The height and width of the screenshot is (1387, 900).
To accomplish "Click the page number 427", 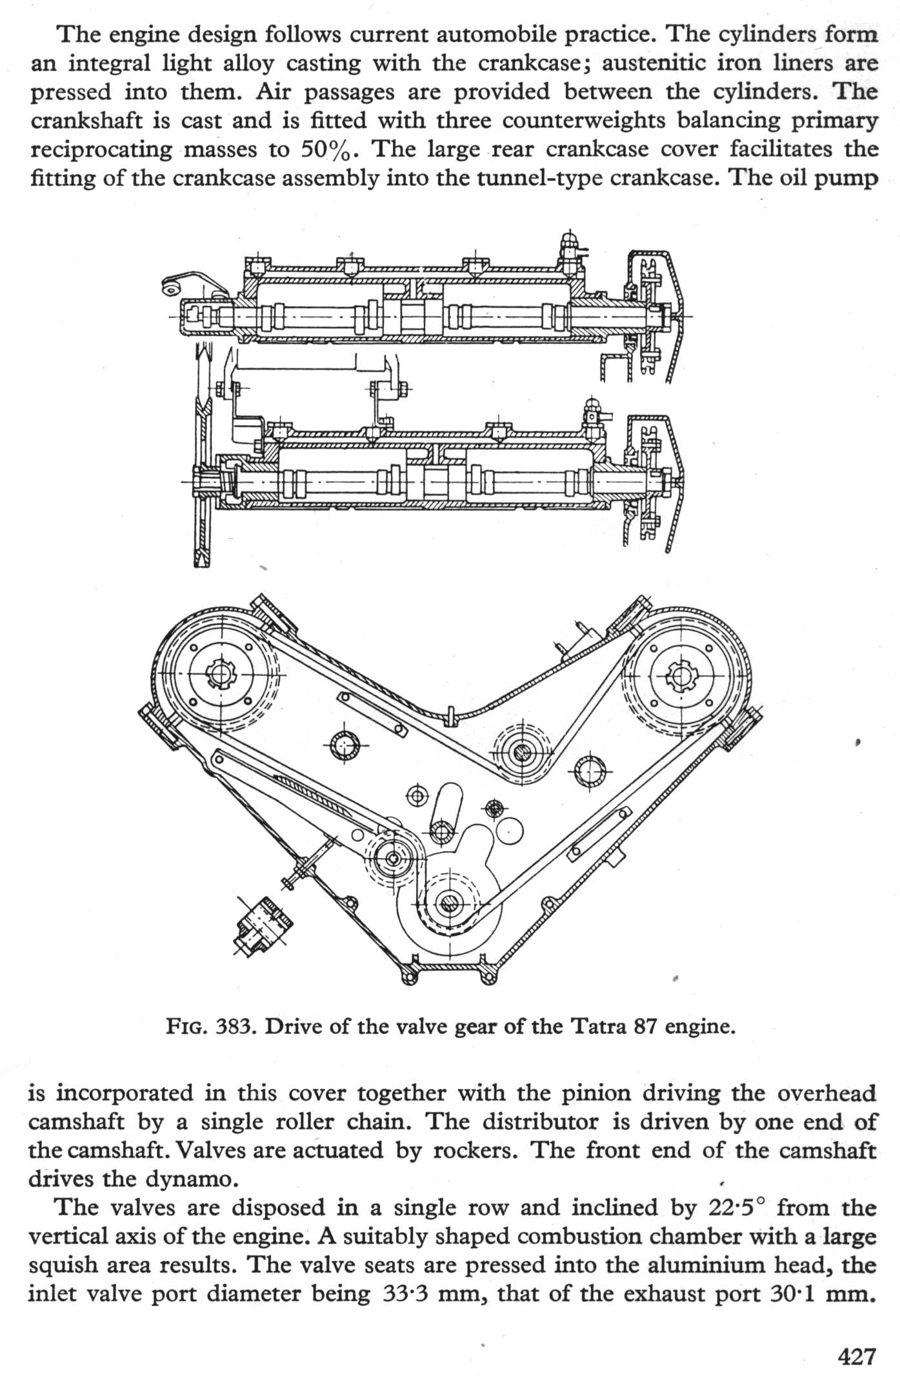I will (857, 1355).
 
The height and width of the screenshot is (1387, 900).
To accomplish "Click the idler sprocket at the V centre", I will (520, 751).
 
